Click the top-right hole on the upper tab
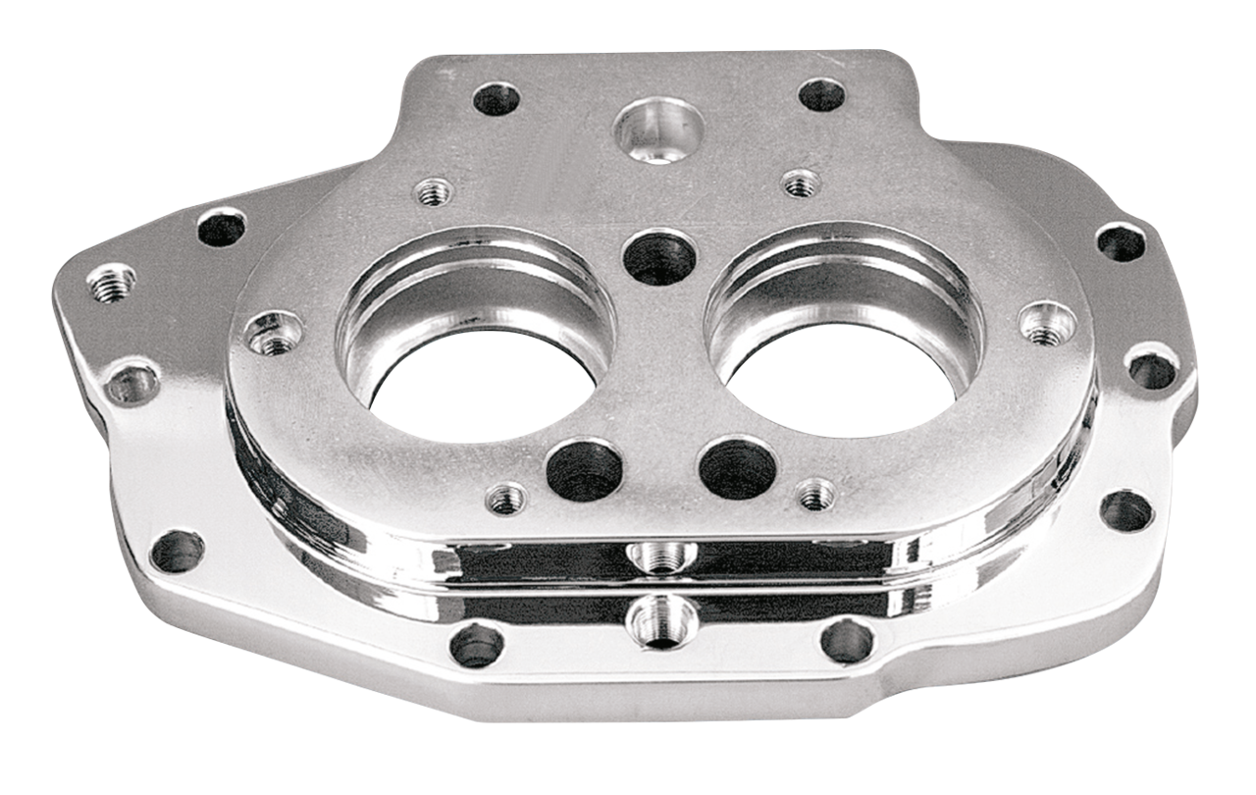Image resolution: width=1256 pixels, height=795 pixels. click(x=822, y=95)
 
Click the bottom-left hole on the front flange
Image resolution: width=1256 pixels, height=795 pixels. click(x=477, y=646)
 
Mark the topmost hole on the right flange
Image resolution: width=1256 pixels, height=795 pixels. click(x=1122, y=241)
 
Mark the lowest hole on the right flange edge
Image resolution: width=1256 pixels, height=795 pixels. click(x=1125, y=509)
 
